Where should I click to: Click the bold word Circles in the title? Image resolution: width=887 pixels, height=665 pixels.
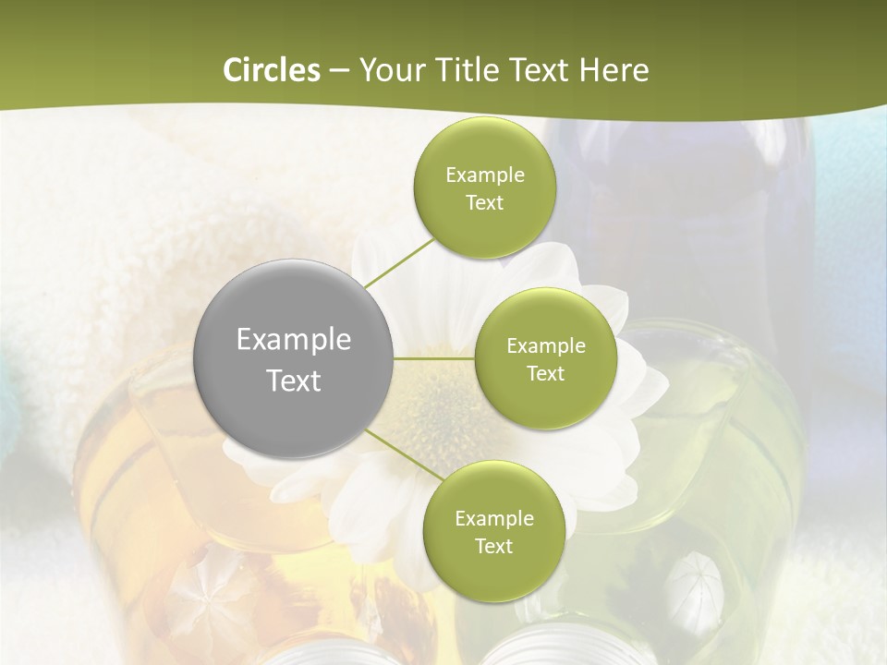point(271,70)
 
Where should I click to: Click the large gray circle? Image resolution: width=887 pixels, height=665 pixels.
point(294,358)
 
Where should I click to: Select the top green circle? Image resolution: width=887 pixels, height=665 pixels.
point(485,187)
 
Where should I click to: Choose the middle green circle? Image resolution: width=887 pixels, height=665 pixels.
point(546,358)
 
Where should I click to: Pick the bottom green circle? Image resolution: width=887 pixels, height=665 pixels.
point(494,531)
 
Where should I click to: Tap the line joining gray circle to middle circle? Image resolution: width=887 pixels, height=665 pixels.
point(434,358)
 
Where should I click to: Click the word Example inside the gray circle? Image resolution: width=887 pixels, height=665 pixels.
point(294,340)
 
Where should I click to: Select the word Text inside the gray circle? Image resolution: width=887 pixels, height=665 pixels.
point(294,381)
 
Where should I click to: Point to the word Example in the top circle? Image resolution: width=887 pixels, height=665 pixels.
point(485,175)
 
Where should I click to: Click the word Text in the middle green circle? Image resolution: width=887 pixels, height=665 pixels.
point(546,374)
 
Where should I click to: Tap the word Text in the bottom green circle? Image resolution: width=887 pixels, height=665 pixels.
point(494,547)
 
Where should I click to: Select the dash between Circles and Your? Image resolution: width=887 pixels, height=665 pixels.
point(339,70)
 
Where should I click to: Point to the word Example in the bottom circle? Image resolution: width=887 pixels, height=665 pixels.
point(494,519)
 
